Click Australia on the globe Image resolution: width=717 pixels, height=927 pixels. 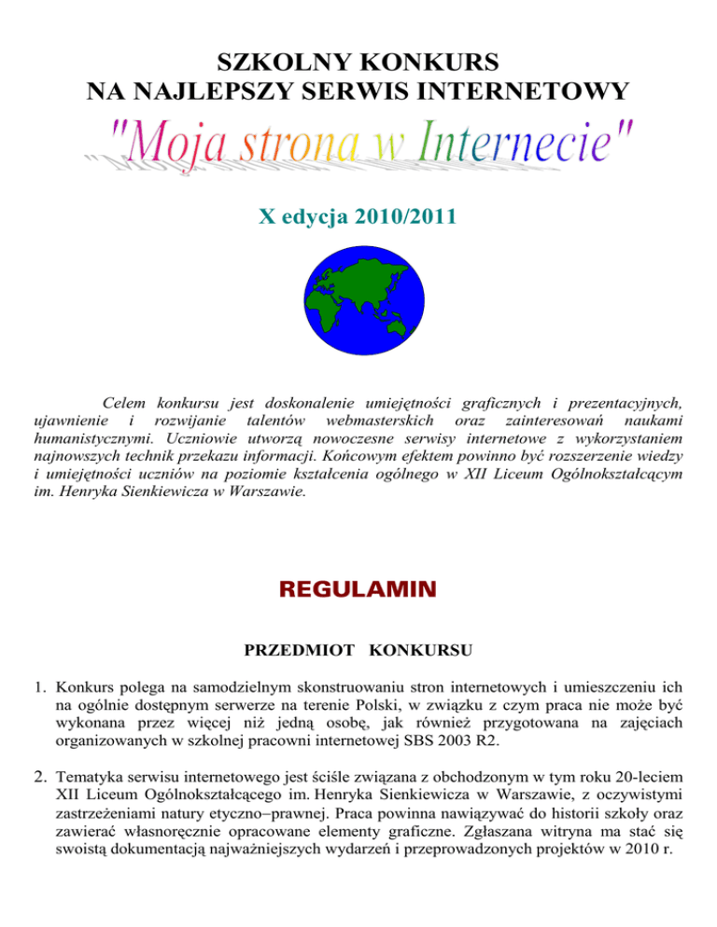(x=402, y=324)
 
